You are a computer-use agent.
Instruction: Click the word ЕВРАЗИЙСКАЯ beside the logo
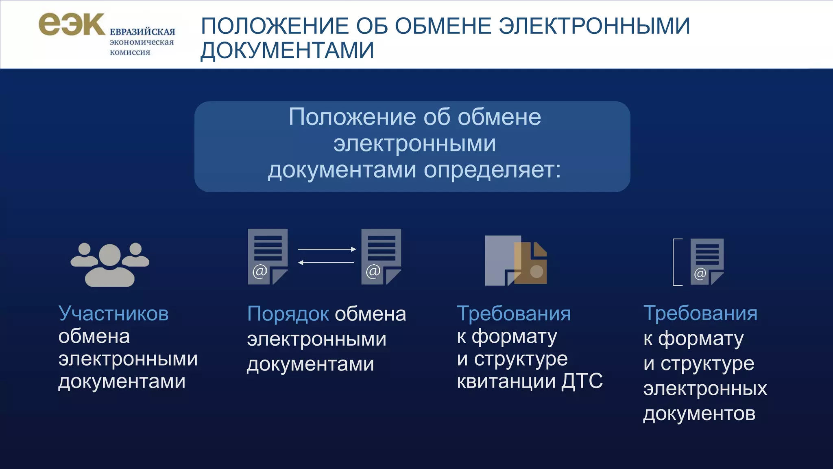coord(142,32)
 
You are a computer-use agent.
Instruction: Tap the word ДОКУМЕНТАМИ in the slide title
coord(287,50)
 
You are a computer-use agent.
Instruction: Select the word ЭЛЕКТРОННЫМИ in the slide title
coord(594,26)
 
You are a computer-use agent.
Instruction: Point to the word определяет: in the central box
coord(492,170)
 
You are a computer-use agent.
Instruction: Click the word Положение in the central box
coord(352,117)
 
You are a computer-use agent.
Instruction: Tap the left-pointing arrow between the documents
coord(327,263)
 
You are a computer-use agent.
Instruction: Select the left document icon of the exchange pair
coord(267,256)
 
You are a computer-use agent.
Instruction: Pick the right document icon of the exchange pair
coord(381,256)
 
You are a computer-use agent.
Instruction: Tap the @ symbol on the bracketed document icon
coord(700,274)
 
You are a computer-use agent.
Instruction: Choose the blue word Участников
coord(113,313)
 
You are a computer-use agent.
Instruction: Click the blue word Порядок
coord(288,314)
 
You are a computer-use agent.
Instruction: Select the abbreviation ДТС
coord(582,381)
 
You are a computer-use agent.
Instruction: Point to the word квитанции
coord(506,381)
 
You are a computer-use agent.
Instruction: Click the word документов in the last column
coord(699,414)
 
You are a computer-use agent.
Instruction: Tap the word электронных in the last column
coord(705,388)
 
